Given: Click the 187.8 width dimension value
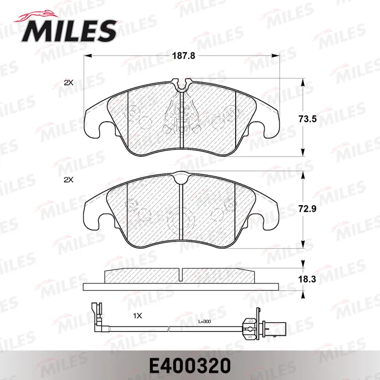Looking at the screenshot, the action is (x=183, y=56).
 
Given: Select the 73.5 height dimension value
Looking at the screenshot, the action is (x=307, y=119).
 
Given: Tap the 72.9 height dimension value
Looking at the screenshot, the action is (x=307, y=209).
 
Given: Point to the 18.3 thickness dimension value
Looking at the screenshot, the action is (x=307, y=279).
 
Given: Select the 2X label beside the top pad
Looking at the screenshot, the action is (x=68, y=83).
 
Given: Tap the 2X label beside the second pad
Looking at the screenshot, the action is (x=68, y=180).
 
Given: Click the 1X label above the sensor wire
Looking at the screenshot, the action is (x=137, y=316).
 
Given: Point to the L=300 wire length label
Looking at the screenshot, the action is (x=205, y=322).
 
